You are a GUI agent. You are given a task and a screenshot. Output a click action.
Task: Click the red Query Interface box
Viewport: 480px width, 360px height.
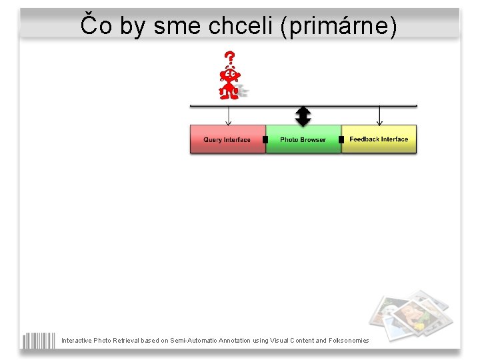(227, 139)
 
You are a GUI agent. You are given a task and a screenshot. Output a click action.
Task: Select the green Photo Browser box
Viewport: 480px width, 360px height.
(303, 139)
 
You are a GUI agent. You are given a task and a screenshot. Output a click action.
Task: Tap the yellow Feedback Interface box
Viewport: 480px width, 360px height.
(379, 139)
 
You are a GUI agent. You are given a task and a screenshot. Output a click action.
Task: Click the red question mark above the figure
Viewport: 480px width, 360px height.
(230, 58)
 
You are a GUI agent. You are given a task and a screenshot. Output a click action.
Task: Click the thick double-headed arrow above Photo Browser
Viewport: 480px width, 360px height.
(303, 116)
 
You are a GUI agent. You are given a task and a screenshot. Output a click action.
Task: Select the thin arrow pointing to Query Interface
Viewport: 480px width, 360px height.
(229, 115)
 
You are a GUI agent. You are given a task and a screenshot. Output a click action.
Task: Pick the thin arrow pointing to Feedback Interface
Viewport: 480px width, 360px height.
(379, 115)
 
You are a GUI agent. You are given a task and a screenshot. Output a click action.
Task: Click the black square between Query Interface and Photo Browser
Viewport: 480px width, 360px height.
(265, 139)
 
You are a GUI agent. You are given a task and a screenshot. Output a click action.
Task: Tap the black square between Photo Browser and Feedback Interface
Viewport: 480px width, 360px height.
(341, 139)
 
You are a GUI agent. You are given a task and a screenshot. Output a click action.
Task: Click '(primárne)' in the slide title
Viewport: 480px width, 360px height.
(339, 26)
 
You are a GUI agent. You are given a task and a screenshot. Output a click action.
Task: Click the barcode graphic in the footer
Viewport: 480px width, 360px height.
(39, 340)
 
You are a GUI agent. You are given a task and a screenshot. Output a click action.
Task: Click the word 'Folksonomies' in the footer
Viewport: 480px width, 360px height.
(350, 341)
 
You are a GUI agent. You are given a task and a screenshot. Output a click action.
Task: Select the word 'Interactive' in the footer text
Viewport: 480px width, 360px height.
(77, 341)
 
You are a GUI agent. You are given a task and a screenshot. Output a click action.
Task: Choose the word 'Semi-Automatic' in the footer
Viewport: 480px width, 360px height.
(193, 341)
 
